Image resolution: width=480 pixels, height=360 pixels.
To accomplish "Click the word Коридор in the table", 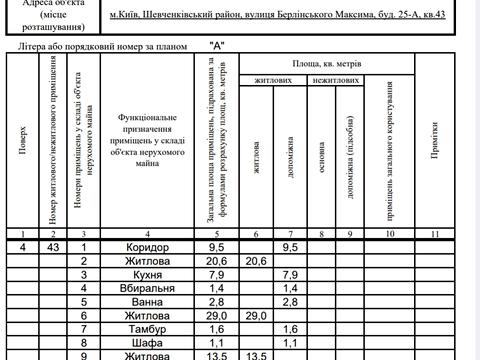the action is click(155, 246).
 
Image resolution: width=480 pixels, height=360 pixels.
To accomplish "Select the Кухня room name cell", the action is click(155, 274).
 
